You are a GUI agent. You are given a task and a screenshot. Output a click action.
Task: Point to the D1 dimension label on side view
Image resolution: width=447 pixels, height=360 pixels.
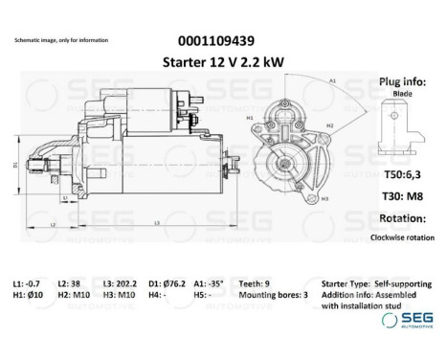tap(14, 165)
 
